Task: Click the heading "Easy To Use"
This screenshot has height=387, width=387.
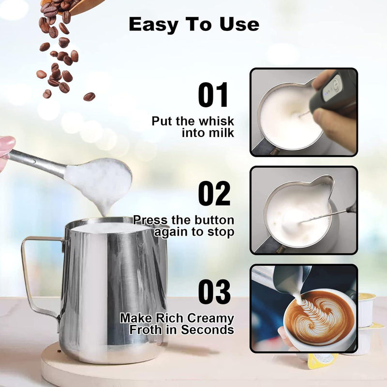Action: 193,24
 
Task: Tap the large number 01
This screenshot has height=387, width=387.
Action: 213,95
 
